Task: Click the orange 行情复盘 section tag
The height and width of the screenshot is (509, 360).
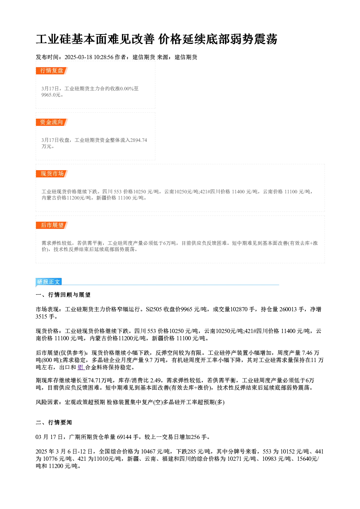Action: (x=52, y=71)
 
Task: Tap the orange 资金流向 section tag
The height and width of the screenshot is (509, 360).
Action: (x=52, y=122)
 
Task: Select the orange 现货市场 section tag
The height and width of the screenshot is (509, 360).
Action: (x=52, y=174)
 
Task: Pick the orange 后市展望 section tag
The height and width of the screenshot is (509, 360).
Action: (x=52, y=225)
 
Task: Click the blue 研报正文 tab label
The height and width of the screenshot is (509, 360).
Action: (x=49, y=282)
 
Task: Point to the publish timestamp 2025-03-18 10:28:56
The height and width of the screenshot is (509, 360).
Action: (x=89, y=57)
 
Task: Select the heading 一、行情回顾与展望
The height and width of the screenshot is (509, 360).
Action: (x=63, y=295)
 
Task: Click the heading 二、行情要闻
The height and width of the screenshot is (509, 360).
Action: (x=54, y=422)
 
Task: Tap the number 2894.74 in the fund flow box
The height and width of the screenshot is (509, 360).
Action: (x=139, y=140)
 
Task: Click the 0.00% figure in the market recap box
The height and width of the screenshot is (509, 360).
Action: (x=127, y=89)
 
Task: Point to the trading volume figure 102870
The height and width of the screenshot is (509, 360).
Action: (x=239, y=309)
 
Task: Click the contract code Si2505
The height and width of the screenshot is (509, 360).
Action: (x=154, y=309)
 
